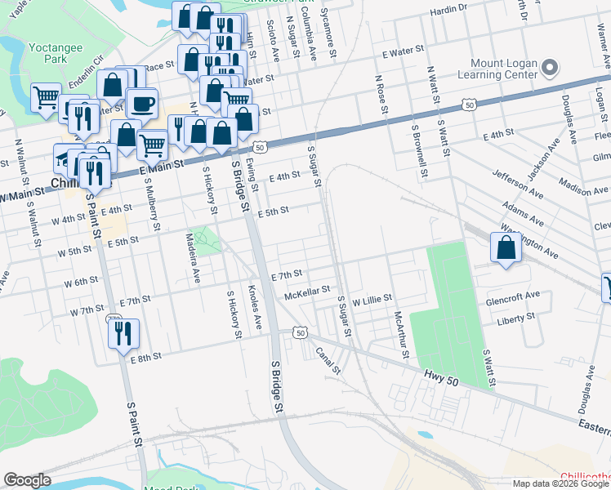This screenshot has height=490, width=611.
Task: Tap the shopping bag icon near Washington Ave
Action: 506,248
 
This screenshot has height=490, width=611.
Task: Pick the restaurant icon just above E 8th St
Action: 123,332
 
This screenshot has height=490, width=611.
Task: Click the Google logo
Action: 27,480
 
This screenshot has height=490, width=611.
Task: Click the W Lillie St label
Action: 372,300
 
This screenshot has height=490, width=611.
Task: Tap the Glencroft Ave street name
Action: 513,296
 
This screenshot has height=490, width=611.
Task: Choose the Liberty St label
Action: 515,316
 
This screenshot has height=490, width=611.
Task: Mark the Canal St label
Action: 328,359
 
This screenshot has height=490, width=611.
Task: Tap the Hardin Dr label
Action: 448,8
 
